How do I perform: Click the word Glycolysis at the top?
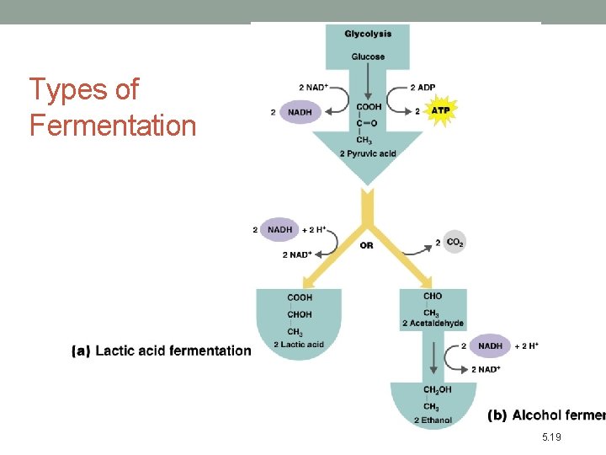pos(368,34)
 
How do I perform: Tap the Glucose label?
pos(368,57)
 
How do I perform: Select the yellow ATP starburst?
pos(440,110)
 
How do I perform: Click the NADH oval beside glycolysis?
pos(300,111)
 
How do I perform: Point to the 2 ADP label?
pos(423,88)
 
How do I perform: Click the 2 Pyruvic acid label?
pos(368,153)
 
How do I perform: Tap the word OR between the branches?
pos(366,245)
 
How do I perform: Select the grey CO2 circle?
pos(454,243)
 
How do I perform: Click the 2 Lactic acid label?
pos(299,345)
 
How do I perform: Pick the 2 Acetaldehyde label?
pos(433,324)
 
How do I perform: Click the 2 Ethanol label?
pos(433,420)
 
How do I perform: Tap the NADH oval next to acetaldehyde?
pos(490,345)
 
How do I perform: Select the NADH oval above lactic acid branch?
pos(280,229)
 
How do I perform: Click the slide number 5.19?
pos(552,437)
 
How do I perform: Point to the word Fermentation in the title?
pos(113,126)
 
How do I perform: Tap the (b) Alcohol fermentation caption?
pos(546,415)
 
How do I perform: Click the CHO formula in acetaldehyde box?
pos(433,297)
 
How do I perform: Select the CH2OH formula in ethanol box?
pos(437,390)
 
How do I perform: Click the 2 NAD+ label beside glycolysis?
pos(313,88)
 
